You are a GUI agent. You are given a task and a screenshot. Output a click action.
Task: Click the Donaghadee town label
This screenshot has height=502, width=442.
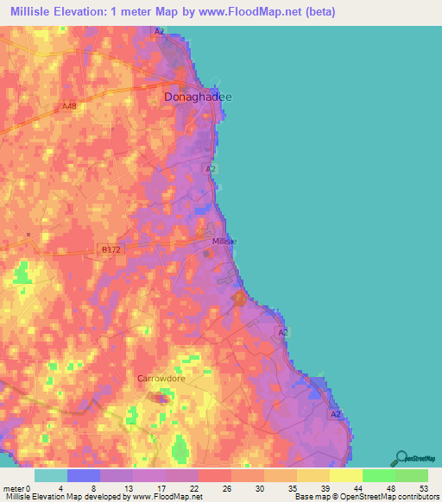click(x=198, y=97)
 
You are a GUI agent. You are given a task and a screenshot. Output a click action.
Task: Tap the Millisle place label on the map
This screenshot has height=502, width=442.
click(x=224, y=242)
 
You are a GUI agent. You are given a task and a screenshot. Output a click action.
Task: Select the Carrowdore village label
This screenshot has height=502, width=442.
click(x=161, y=378)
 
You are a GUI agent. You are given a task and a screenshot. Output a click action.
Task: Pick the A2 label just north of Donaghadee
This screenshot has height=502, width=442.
click(x=159, y=31)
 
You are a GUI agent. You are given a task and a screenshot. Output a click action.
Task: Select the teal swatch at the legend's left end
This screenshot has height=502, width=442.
click(x=51, y=475)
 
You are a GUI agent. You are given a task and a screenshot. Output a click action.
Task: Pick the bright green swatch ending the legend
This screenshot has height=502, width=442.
click(x=411, y=475)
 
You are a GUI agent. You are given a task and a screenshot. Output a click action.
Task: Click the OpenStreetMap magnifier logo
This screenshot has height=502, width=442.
click(x=401, y=458)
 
